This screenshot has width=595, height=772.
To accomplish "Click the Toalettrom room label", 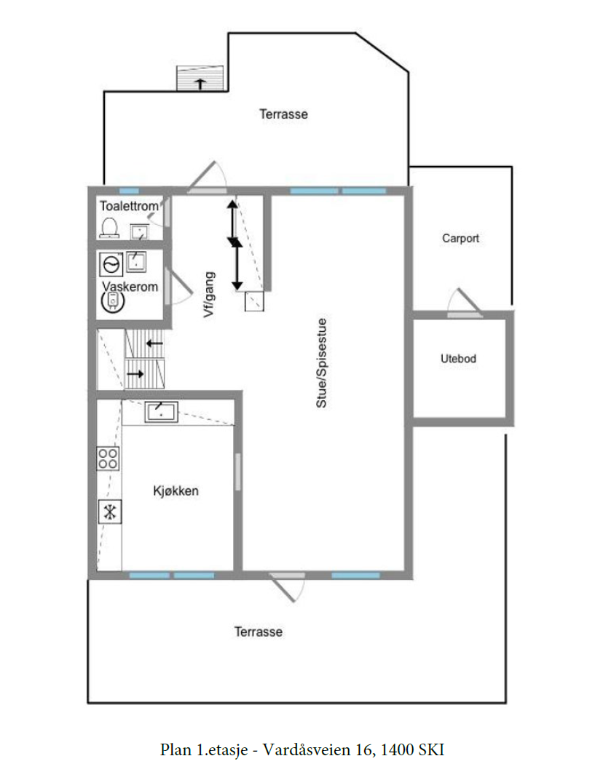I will click(129, 207).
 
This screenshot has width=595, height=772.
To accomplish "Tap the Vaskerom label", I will click(130, 287).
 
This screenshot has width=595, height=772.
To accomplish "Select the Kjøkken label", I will click(176, 491).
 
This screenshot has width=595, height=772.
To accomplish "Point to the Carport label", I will click(460, 238).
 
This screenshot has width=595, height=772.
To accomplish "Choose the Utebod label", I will click(459, 359).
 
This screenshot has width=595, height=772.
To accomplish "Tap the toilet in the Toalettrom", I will click(110, 228).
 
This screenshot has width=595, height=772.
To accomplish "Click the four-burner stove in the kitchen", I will click(109, 458).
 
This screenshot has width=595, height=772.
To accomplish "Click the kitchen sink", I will click(161, 413).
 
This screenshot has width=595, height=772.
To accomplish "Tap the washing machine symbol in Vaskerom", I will click(111, 263).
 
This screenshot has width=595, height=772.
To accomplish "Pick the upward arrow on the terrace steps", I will click(200, 83).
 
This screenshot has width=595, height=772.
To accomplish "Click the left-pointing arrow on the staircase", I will click(154, 342).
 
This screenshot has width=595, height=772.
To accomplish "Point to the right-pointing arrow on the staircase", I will click(135, 374).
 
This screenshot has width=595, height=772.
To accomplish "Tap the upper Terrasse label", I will click(283, 114).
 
